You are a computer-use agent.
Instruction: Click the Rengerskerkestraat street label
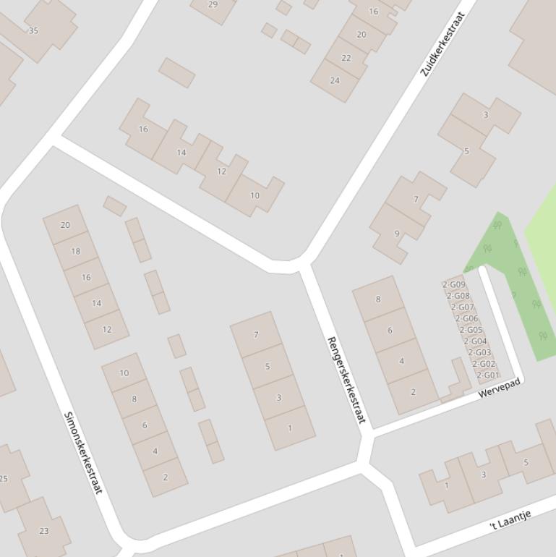tap(346, 380)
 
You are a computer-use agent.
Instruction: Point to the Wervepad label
tap(499, 388)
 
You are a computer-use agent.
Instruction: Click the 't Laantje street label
tap(510, 519)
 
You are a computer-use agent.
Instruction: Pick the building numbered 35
tap(33, 31)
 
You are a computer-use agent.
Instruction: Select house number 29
tap(213, 4)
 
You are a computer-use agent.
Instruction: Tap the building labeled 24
tap(335, 80)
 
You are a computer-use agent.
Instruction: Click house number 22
tap(346, 58)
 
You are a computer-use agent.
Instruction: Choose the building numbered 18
tap(76, 251)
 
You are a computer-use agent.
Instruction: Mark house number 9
tap(397, 234)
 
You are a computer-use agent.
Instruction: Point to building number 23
tap(44, 530)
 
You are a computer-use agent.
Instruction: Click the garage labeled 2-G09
tap(454, 285)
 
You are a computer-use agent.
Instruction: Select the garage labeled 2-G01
tap(487, 375)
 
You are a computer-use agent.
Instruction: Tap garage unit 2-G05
tap(471, 330)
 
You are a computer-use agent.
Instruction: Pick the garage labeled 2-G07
tap(463, 307)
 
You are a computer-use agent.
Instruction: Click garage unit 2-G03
tap(479, 352)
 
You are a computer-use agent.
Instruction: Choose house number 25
tap(6, 478)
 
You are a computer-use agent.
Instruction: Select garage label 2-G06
tap(467, 318)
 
